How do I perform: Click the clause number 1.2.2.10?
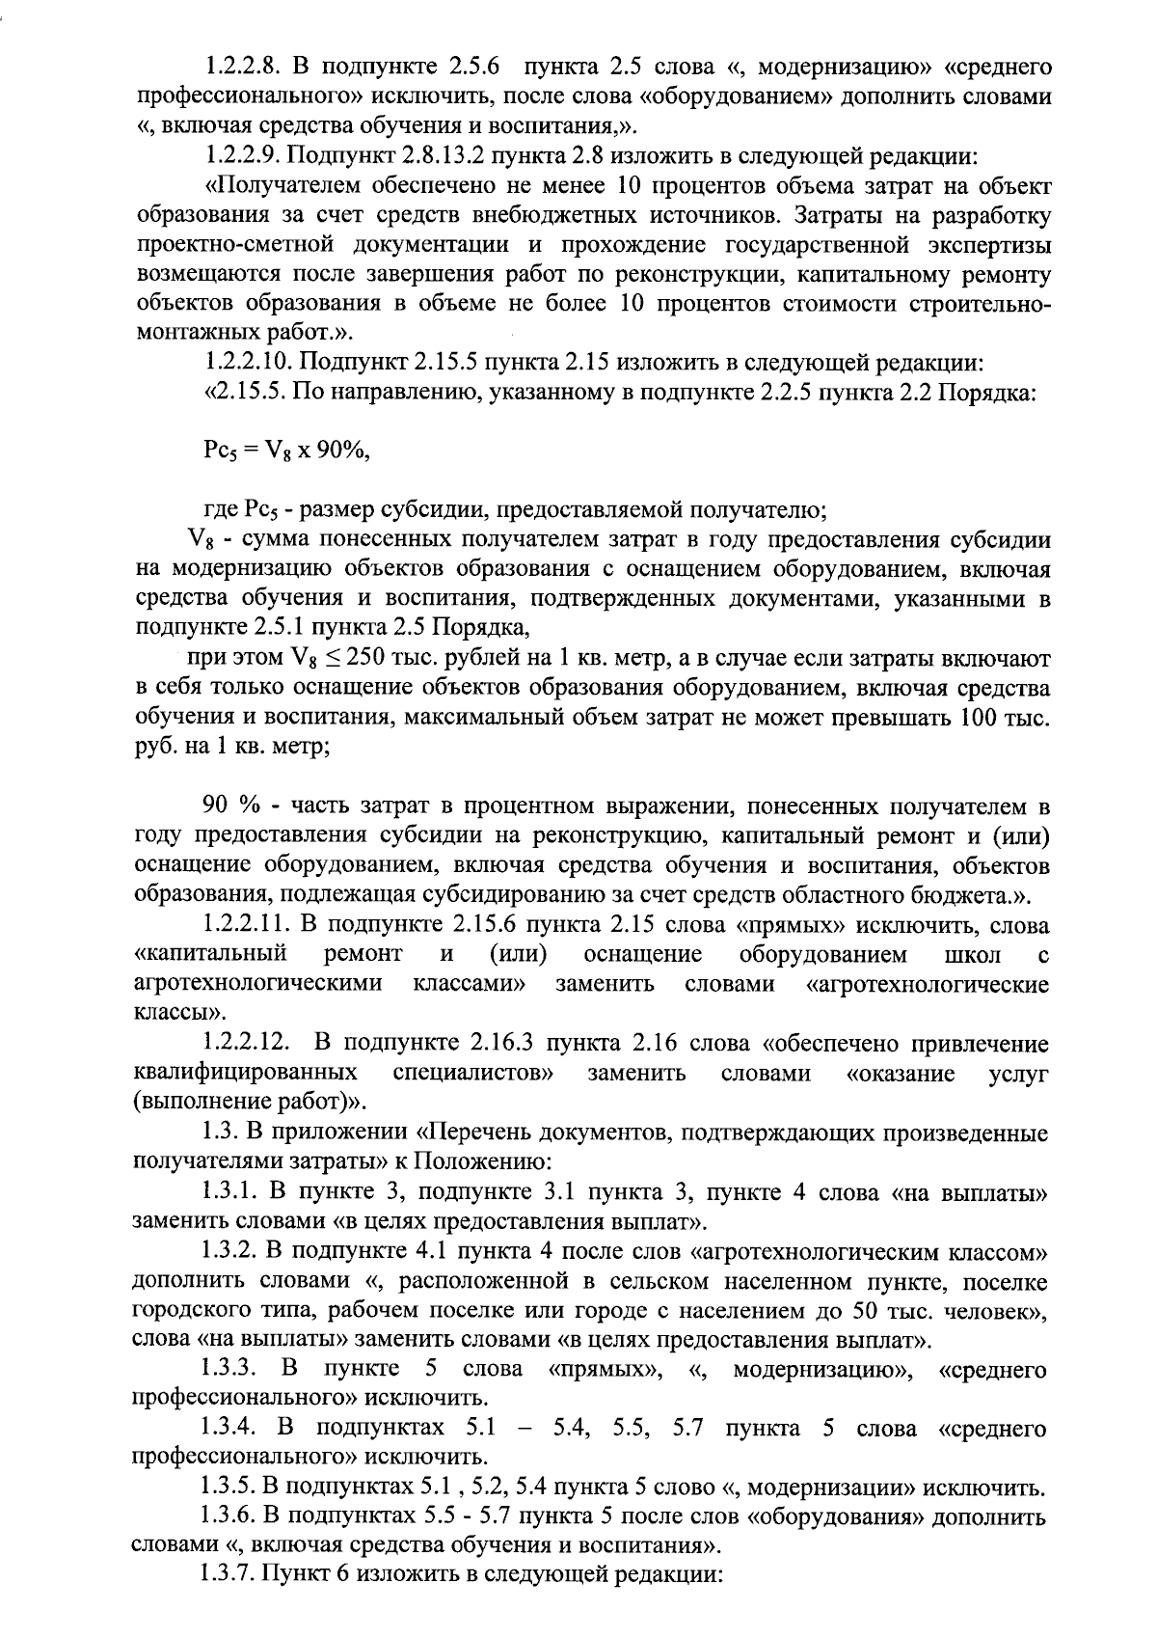[250, 364]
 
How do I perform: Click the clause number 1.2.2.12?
[248, 1043]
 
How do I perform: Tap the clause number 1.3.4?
[229, 1429]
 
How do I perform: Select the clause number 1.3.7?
[229, 1575]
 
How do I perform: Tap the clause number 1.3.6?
[229, 1516]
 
